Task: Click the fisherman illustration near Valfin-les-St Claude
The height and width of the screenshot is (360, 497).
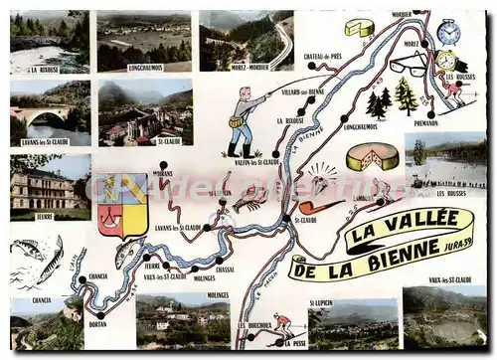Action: click(242, 121)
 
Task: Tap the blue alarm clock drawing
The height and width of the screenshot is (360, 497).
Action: click(448, 33)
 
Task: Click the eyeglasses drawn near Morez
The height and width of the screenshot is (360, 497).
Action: click(408, 66)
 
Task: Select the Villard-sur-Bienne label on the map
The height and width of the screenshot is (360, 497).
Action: click(303, 90)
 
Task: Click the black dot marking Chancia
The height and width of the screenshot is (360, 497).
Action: click(82, 279)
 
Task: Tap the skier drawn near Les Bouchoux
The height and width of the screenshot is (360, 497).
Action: click(282, 323)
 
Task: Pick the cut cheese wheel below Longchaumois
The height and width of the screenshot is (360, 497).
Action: click(371, 157)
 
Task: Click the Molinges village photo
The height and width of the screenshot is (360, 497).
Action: click(183, 318)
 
